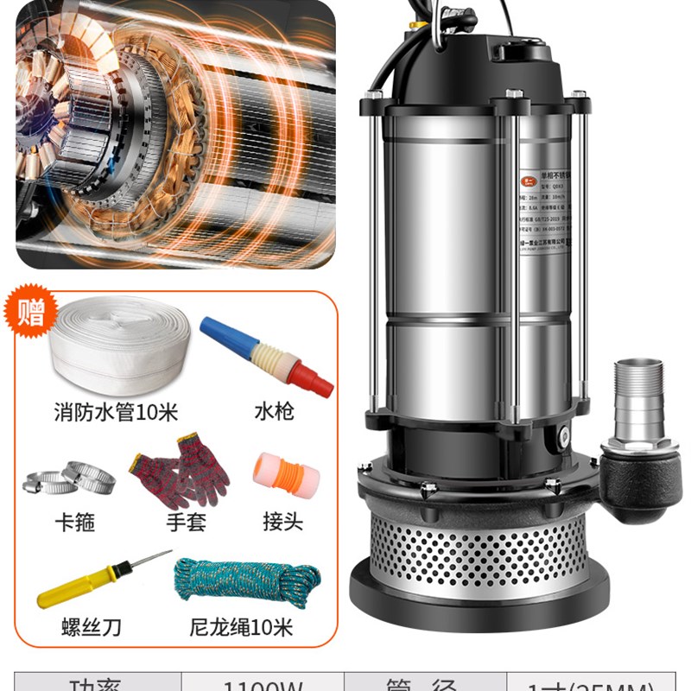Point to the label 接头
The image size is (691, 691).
tap(282, 523)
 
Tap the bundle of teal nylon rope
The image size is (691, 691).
tap(246, 581)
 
